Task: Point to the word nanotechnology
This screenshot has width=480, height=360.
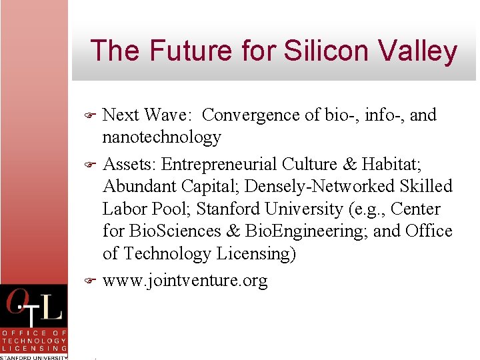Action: pos(161,137)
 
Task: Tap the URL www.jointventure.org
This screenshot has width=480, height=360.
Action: pos(185,281)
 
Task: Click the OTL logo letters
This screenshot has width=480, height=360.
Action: pos(34,307)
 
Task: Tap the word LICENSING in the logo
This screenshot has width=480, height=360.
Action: pos(34,348)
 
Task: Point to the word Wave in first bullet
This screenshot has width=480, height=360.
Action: pos(166,115)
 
